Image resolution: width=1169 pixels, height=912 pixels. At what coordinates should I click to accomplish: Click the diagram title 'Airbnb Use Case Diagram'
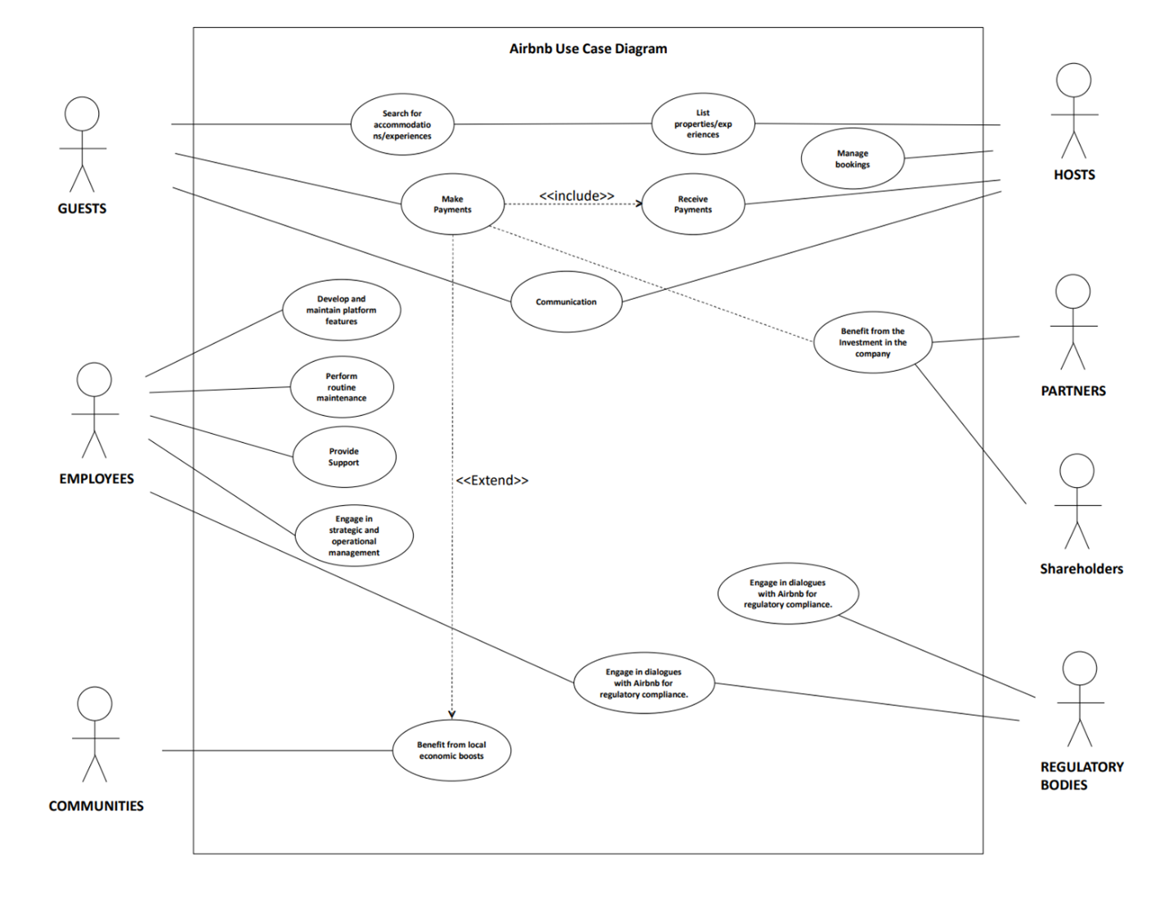click(588, 49)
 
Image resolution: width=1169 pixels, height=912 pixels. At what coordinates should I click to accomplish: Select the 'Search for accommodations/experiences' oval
click(402, 125)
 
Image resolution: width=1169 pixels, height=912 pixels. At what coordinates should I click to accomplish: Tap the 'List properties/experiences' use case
click(703, 124)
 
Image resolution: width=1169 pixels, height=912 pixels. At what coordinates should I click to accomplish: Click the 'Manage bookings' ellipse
click(853, 159)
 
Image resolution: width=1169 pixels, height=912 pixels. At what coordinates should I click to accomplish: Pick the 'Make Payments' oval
click(452, 204)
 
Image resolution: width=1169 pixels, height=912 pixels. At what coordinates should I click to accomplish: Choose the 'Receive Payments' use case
click(692, 204)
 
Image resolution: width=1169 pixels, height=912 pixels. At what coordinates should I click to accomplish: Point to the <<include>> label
click(576, 195)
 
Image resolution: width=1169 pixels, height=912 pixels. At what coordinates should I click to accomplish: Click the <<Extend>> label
click(492, 481)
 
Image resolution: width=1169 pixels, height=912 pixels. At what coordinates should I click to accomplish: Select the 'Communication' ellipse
click(566, 302)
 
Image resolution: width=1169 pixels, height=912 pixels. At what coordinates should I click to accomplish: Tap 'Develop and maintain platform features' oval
click(341, 311)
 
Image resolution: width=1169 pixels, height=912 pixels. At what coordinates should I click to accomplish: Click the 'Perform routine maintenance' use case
click(342, 387)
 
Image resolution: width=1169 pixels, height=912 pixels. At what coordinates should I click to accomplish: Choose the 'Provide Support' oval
click(344, 457)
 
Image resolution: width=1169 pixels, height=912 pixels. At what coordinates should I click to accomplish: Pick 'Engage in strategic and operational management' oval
click(354, 536)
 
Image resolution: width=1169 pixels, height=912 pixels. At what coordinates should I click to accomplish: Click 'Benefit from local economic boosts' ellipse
click(451, 750)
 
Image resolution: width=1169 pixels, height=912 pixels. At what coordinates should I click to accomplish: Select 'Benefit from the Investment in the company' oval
click(872, 342)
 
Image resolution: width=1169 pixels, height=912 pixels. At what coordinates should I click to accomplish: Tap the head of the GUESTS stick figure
click(82, 114)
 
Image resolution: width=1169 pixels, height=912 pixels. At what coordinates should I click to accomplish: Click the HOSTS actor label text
click(1073, 175)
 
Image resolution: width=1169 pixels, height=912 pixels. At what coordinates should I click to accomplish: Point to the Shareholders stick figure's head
click(1077, 472)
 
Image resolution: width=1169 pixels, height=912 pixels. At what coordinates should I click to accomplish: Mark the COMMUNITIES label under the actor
click(96, 806)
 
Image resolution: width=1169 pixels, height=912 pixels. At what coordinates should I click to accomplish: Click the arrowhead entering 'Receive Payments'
click(639, 203)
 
